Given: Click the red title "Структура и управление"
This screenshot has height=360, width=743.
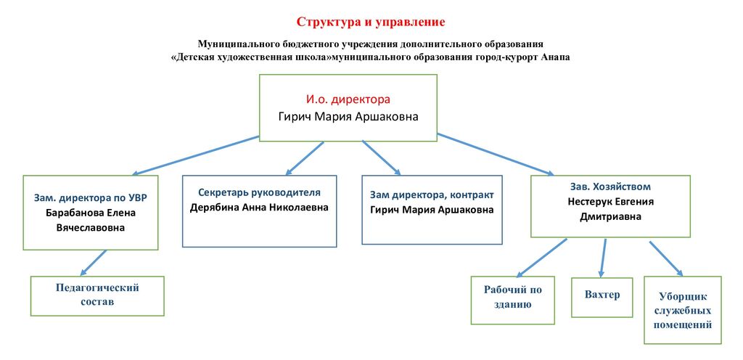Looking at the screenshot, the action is coord(371,22).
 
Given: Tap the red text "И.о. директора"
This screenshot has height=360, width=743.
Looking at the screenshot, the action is coord(348,100).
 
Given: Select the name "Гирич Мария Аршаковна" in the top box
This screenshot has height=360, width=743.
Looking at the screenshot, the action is coord(348,117).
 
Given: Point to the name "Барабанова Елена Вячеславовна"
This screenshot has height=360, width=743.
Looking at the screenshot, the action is coord(91,220).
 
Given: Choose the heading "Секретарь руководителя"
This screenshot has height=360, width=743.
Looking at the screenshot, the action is coord(259,193).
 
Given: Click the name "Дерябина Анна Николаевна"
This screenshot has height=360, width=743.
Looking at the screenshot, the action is coord(259,208).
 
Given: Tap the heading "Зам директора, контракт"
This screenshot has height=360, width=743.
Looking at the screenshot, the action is coord(432,195).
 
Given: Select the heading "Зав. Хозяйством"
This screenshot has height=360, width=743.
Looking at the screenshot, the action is coord(610,186).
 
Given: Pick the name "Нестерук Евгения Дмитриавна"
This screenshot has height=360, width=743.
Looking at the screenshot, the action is coord(610,209).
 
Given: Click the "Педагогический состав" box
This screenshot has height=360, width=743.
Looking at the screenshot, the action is coord(97,296).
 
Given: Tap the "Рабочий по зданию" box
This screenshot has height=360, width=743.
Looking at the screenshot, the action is coord(513,300).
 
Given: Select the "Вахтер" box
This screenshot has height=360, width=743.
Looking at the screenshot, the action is coord(602,298).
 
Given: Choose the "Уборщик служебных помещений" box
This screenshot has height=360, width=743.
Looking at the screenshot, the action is coord(682,310).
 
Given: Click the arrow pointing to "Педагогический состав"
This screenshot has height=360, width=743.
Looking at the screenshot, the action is coord(94,263).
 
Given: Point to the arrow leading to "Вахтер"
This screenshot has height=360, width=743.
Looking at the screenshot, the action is coord(603,258).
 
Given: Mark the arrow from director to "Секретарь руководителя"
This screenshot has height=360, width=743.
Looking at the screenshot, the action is coord(305,158).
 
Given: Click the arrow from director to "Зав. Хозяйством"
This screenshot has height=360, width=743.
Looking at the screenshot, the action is coord(496,155).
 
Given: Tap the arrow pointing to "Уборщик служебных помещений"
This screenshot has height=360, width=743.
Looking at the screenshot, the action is coord(666,258).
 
